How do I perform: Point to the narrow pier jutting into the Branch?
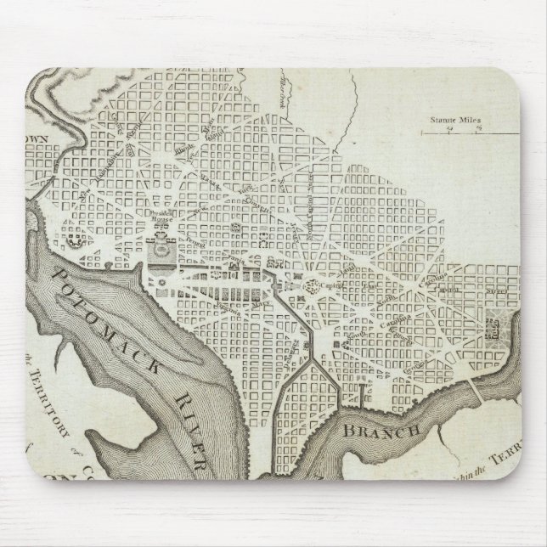(363, 392)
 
